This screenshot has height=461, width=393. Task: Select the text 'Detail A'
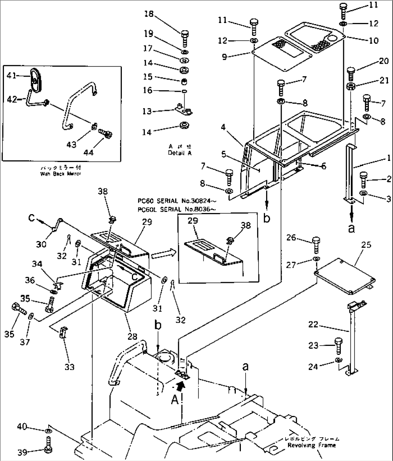[x=180, y=153]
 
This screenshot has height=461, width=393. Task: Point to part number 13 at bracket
[x=147, y=112]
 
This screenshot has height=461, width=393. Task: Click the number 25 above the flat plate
[x=366, y=245]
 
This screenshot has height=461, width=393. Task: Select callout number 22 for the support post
[x=313, y=325]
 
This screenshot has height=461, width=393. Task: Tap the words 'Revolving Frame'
[x=312, y=445]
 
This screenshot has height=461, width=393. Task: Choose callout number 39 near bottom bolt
[x=22, y=452]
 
